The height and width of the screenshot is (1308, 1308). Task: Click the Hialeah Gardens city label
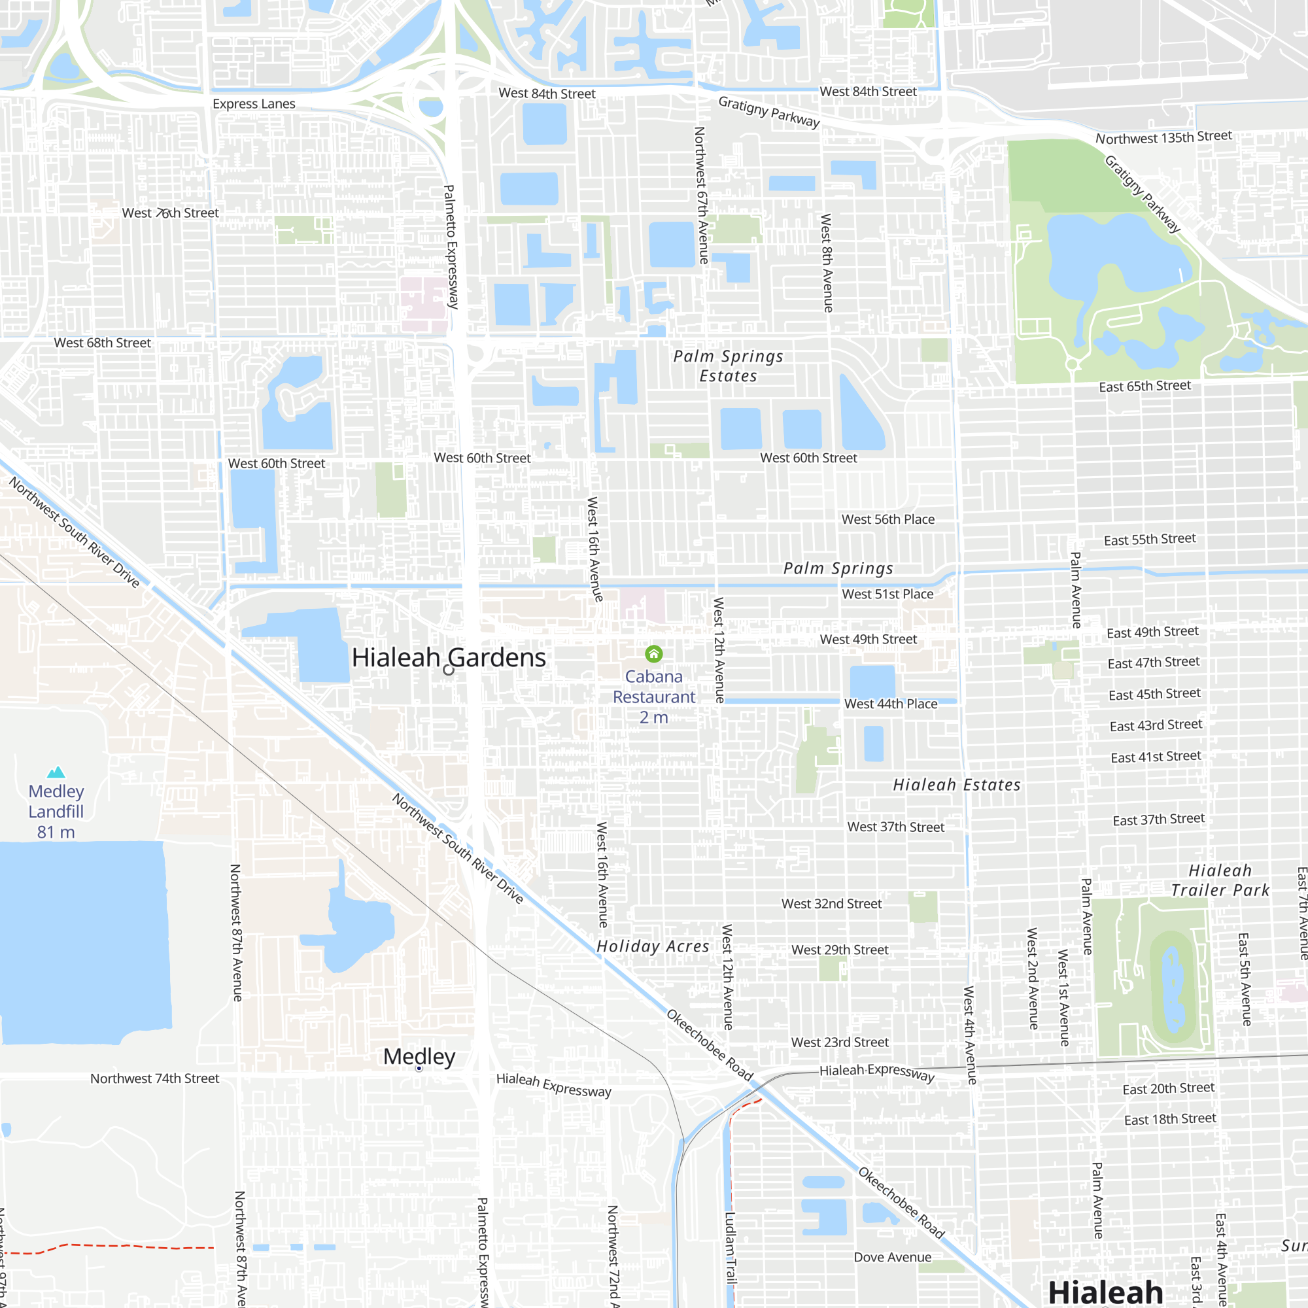(448, 657)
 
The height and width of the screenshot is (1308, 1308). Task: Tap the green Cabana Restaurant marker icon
(653, 653)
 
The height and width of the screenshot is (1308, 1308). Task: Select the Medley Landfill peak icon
(56, 772)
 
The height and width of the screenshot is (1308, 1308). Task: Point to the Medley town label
(419, 1057)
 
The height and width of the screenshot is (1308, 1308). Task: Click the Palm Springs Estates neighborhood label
(728, 366)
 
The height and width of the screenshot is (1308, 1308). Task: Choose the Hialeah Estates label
(956, 785)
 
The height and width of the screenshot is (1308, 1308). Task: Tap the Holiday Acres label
(653, 946)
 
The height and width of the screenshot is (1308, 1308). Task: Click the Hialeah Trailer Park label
(1220, 880)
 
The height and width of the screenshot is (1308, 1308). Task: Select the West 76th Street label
(170, 213)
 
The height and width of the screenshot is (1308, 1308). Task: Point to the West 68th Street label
(102, 343)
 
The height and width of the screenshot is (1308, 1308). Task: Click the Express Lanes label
(254, 103)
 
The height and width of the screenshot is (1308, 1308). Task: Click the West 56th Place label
(887, 519)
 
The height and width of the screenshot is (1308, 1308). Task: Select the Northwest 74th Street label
(154, 1078)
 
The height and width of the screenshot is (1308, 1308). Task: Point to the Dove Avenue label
(892, 1257)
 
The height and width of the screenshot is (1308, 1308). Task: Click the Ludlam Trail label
(731, 1247)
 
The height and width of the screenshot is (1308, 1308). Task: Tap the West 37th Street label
(895, 827)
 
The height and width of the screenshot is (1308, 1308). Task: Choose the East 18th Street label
(1170, 1119)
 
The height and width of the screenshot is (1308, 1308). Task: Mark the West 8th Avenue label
(827, 263)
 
